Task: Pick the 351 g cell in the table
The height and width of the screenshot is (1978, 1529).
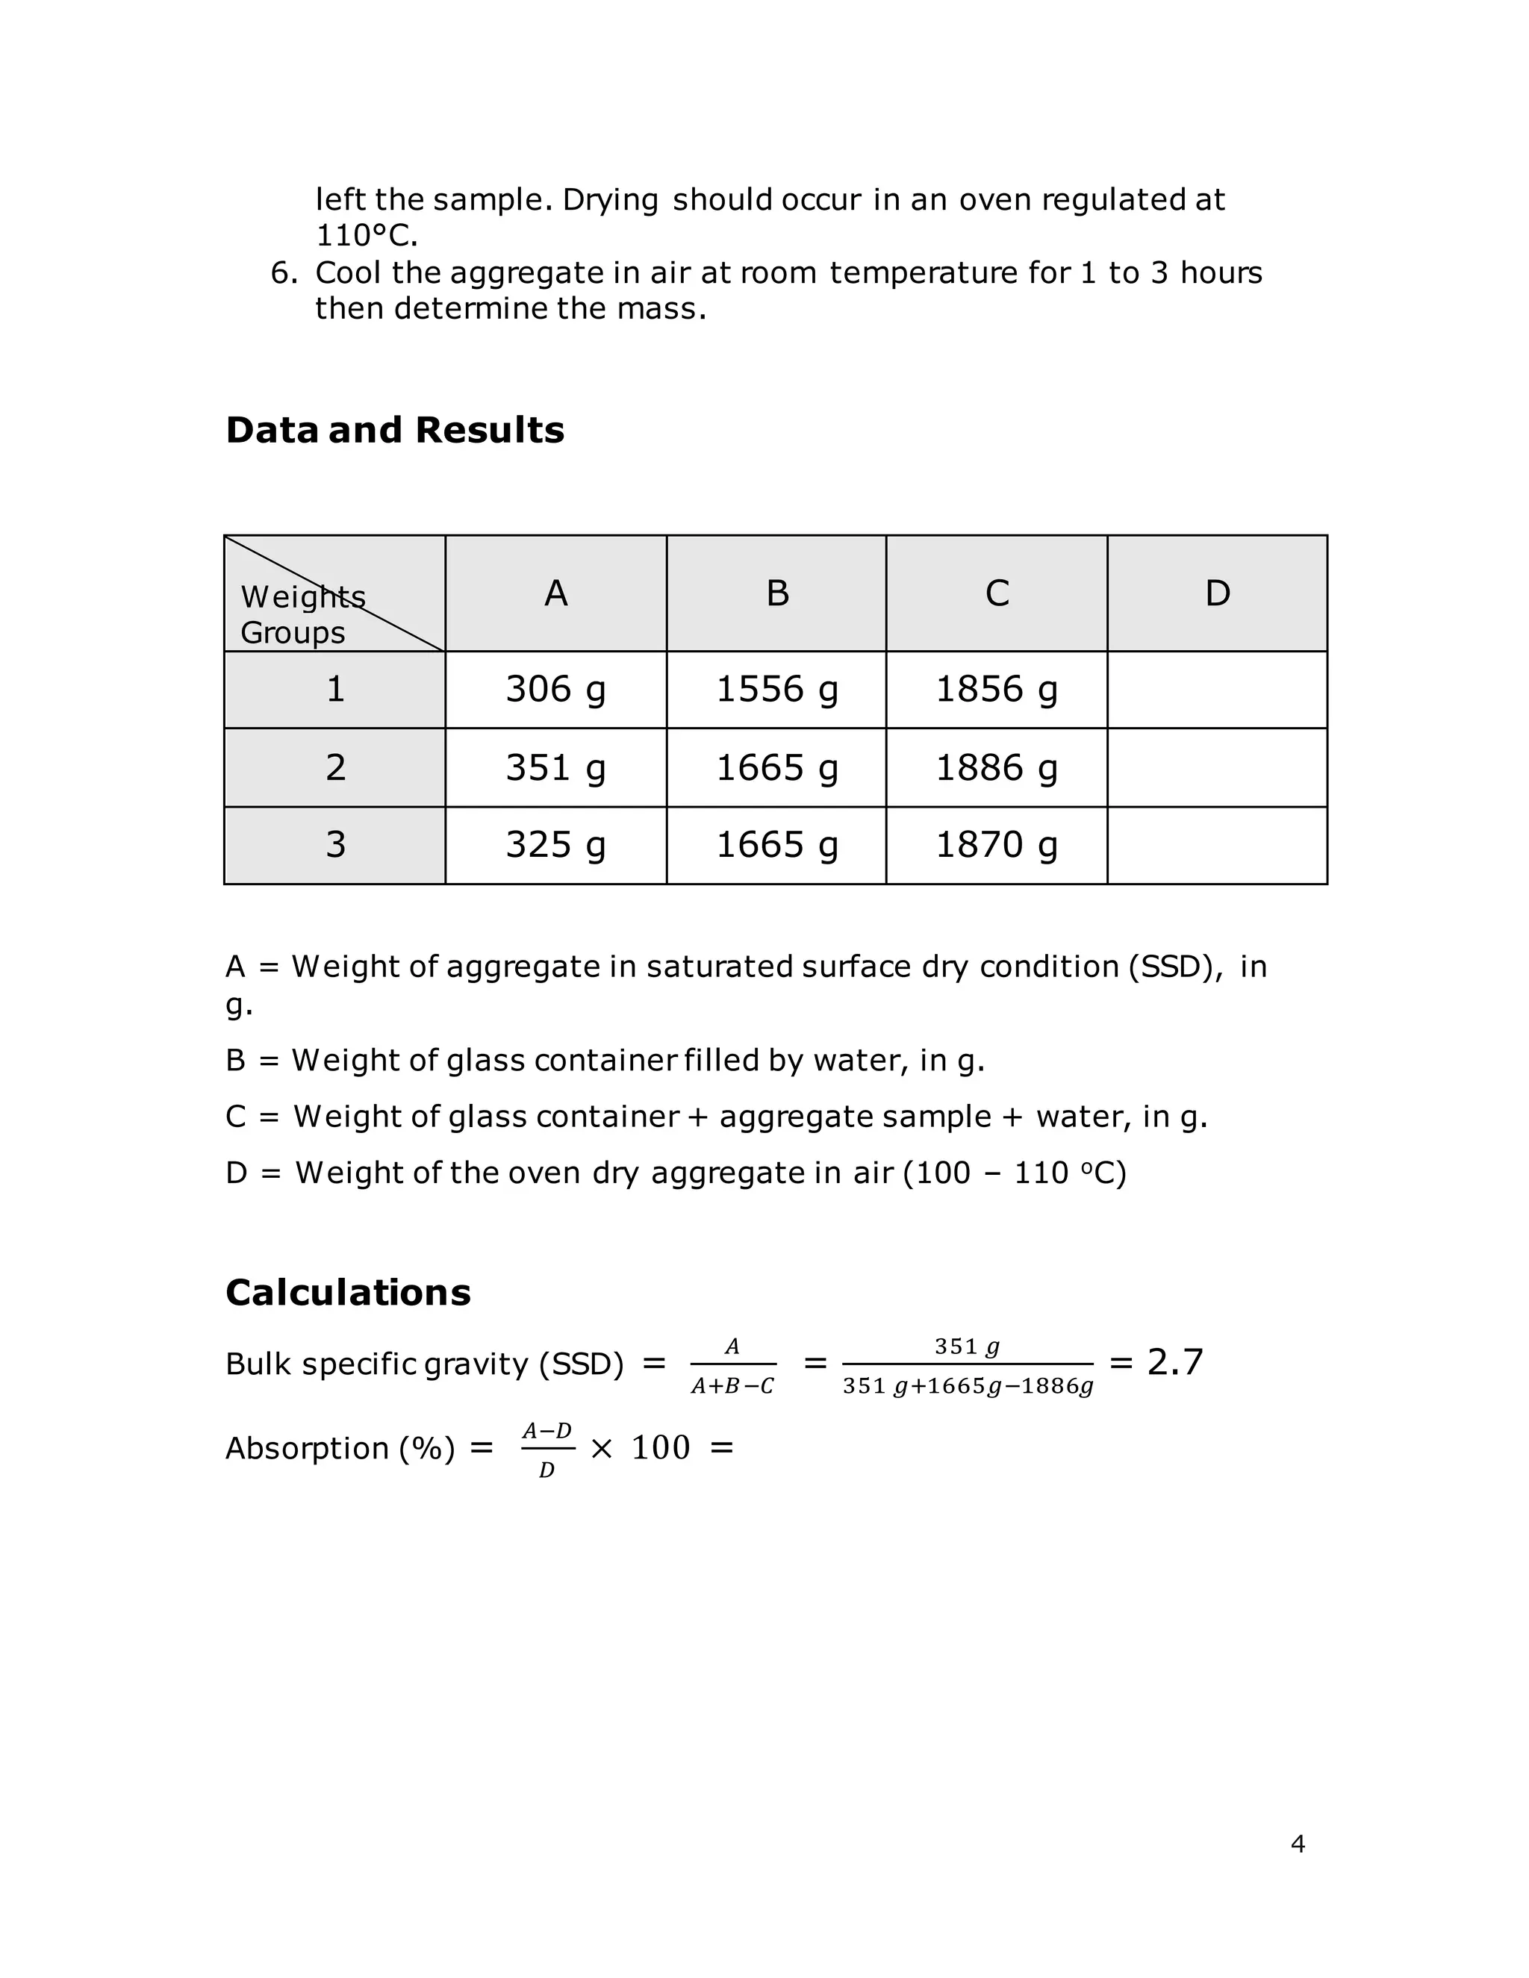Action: click(x=555, y=768)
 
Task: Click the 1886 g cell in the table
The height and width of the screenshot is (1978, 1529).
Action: click(x=997, y=768)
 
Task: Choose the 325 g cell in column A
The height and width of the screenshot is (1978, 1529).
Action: click(x=555, y=845)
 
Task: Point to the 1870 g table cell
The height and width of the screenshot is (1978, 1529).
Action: click(x=997, y=845)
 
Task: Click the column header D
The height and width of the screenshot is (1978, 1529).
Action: click(x=1218, y=594)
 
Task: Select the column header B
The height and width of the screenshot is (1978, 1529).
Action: click(x=777, y=594)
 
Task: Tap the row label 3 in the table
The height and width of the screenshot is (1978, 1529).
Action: click(x=335, y=845)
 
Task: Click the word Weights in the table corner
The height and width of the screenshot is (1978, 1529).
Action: click(x=302, y=598)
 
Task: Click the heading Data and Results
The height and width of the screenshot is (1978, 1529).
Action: click(x=394, y=430)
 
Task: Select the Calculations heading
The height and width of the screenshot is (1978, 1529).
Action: click(x=348, y=1292)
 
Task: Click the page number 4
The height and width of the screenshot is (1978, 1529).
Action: click(x=1297, y=1844)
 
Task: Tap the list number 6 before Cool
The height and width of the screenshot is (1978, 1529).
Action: click(x=283, y=272)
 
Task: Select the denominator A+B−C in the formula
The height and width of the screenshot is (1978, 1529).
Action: click(x=732, y=1387)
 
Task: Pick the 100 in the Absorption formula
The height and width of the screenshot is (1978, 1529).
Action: click(x=660, y=1448)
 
